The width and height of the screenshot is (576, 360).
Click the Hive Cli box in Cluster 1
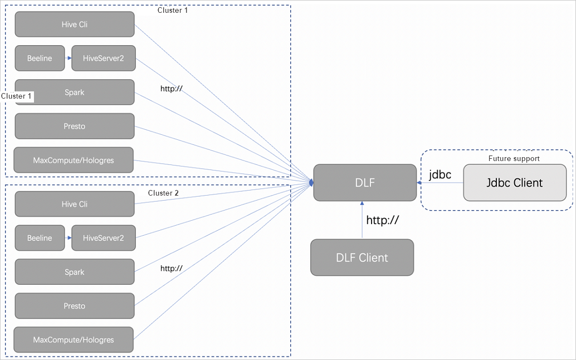[x=75, y=25]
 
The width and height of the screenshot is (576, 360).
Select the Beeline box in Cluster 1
[x=40, y=59]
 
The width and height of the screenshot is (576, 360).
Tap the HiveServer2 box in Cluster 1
[x=103, y=59]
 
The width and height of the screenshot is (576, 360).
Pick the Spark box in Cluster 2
[x=75, y=272]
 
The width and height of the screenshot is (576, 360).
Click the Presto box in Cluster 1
[x=75, y=127]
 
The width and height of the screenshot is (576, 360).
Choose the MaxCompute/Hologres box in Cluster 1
[x=74, y=160]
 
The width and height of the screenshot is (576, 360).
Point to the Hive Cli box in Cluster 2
[x=75, y=204]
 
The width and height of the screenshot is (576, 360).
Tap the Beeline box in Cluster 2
[x=40, y=238]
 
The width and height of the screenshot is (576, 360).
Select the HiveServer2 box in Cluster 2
[x=103, y=238]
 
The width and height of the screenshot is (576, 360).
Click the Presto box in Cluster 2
[x=75, y=306]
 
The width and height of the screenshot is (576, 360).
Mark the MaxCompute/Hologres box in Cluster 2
[x=74, y=340]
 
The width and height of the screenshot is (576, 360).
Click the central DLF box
[x=365, y=183]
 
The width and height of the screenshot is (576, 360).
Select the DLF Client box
[x=362, y=257]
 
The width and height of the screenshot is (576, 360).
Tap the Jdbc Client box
[x=515, y=183]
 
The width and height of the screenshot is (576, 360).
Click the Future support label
[x=514, y=159]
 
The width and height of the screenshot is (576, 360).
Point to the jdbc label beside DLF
[x=440, y=175]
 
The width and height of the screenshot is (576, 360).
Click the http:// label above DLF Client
[x=382, y=220]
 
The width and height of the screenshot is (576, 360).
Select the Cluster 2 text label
[x=163, y=193]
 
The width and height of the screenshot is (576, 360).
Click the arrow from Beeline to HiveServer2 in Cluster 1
[x=68, y=59]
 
